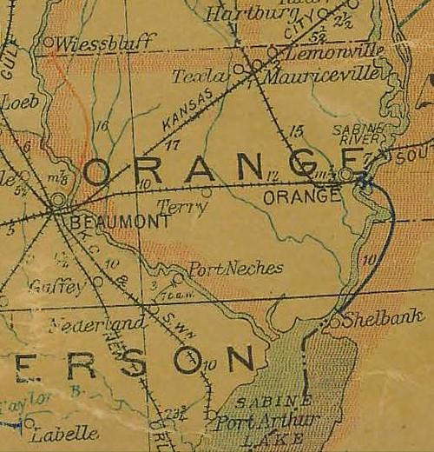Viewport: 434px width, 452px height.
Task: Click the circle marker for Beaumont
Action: click(57, 201)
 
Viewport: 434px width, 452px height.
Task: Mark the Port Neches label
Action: click(235, 269)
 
